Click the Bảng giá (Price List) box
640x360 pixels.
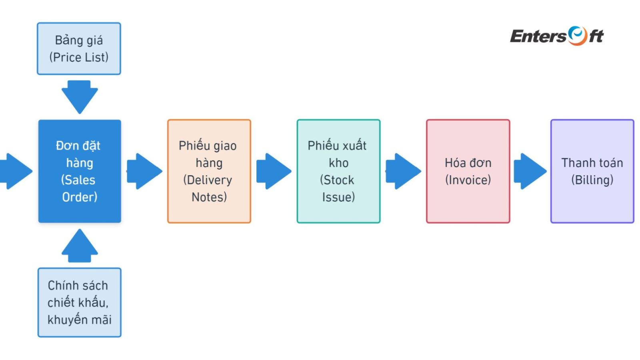(79, 48)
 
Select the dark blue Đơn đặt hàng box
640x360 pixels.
(80, 171)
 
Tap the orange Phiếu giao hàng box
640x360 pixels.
(209, 171)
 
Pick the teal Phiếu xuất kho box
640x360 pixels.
(338, 171)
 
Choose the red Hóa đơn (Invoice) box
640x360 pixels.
(468, 171)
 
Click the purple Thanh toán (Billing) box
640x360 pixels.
(592, 171)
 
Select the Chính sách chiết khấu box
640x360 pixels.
(80, 302)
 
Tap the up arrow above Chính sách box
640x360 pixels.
(80, 246)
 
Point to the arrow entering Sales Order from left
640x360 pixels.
(16, 171)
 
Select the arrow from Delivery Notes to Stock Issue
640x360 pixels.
(274, 171)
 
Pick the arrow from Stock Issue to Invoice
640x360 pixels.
(403, 171)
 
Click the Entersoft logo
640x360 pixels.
(556, 36)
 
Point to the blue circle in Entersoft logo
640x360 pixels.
(577, 35)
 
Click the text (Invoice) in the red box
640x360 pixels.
(468, 180)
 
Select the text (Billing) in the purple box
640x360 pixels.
(592, 180)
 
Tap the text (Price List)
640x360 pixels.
(79, 57)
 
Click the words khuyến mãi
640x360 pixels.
(80, 320)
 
